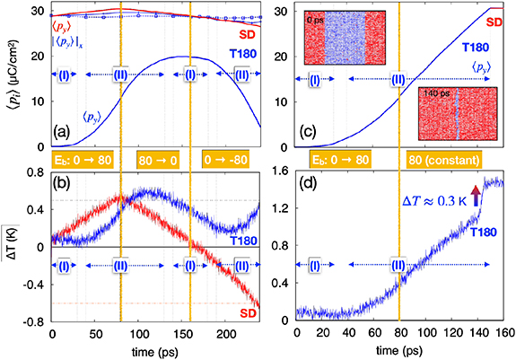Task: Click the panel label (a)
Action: (66, 136)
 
